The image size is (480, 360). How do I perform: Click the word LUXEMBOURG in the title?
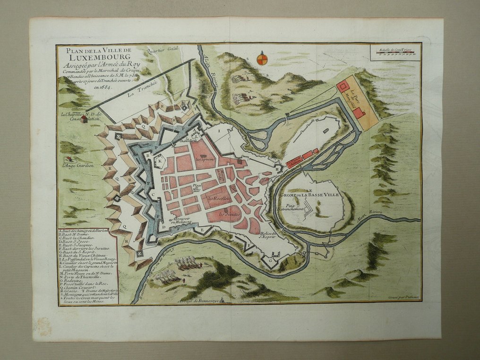[x=94, y=59]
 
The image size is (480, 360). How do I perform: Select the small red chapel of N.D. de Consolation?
[x=85, y=119]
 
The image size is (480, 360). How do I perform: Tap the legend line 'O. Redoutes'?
[x=72, y=280]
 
